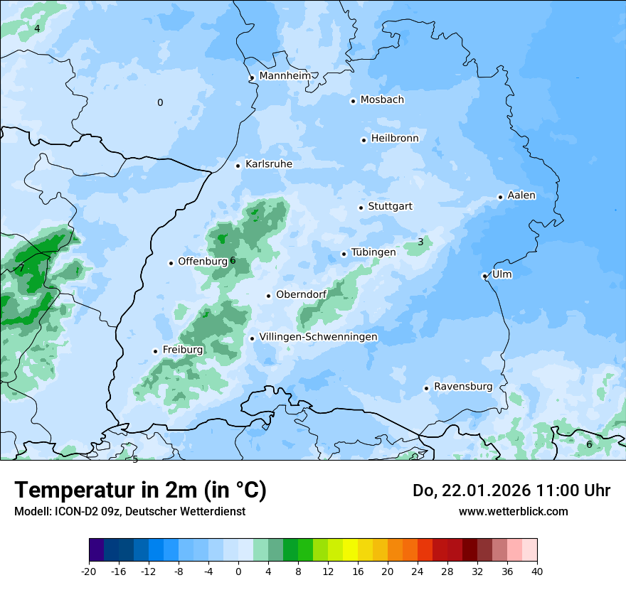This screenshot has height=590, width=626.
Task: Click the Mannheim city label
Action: pyautogui.click(x=285, y=75)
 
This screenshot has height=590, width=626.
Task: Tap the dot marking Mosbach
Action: pyautogui.click(x=353, y=101)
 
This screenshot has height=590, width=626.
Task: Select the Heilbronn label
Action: pyautogui.click(x=395, y=139)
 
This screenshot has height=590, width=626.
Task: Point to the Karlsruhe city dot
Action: pyautogui.click(x=238, y=166)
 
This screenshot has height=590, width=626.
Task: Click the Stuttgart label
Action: pyautogui.click(x=390, y=207)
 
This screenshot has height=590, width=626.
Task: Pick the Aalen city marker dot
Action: pyautogui.click(x=500, y=197)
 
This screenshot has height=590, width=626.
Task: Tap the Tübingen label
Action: pyautogui.click(x=373, y=252)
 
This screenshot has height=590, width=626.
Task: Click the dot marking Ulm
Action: pyautogui.click(x=484, y=276)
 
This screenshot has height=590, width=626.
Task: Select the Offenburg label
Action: pyautogui.click(x=203, y=262)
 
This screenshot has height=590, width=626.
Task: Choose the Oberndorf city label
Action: pyautogui.click(x=301, y=295)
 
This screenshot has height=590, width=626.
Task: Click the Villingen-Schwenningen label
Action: pyautogui.click(x=318, y=337)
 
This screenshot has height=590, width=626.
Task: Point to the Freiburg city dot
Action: pyautogui.click(x=155, y=351)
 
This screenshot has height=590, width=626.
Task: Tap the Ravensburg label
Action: pyautogui.click(x=463, y=387)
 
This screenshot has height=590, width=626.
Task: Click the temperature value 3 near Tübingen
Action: pyautogui.click(x=420, y=242)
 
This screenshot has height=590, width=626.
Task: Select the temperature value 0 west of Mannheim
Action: pyautogui.click(x=160, y=102)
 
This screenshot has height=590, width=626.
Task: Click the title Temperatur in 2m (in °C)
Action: pyautogui.click(x=140, y=490)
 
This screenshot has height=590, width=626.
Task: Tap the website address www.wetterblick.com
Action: pyautogui.click(x=513, y=511)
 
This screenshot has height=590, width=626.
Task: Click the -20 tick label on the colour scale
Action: pyautogui.click(x=89, y=571)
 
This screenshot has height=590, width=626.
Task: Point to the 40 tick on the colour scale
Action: pyautogui.click(x=536, y=571)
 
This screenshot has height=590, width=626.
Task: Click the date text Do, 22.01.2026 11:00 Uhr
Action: pyautogui.click(x=511, y=490)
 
